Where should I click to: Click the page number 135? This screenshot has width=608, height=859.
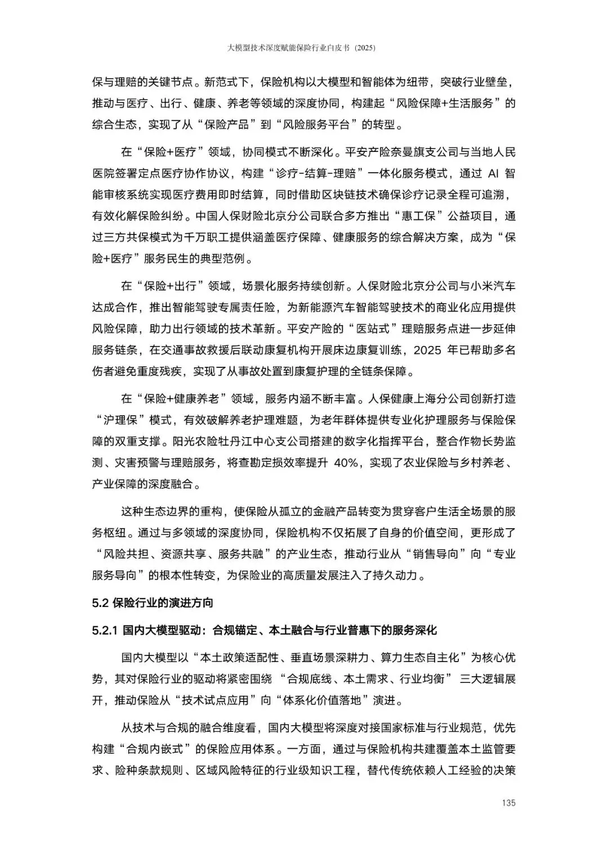tap(508, 803)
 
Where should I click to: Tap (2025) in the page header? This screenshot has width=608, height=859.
tap(364, 48)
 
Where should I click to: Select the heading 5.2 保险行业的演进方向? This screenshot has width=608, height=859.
tap(153, 603)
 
